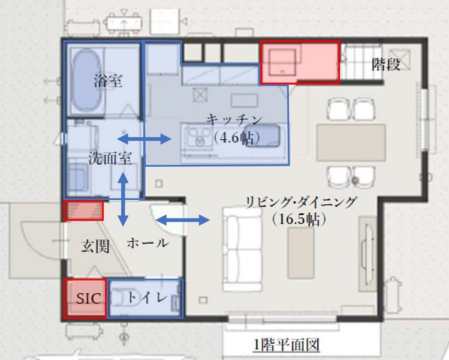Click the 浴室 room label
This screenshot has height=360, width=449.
pyautogui.click(x=108, y=81)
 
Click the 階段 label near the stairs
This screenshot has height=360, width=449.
pyautogui.click(x=386, y=64)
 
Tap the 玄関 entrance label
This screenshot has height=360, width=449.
pyautogui.click(x=95, y=246)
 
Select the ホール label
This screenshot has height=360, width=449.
pyautogui.click(x=147, y=244)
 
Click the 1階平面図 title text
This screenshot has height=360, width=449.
pyautogui.click(x=286, y=345)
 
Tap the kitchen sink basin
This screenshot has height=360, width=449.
pyautogui.click(x=268, y=135)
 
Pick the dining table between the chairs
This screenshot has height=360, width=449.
pyautogui.click(x=351, y=142)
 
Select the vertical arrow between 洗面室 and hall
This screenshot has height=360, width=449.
pyautogui.click(x=123, y=199)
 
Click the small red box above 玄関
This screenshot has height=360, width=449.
pyautogui.click(x=83, y=210)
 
